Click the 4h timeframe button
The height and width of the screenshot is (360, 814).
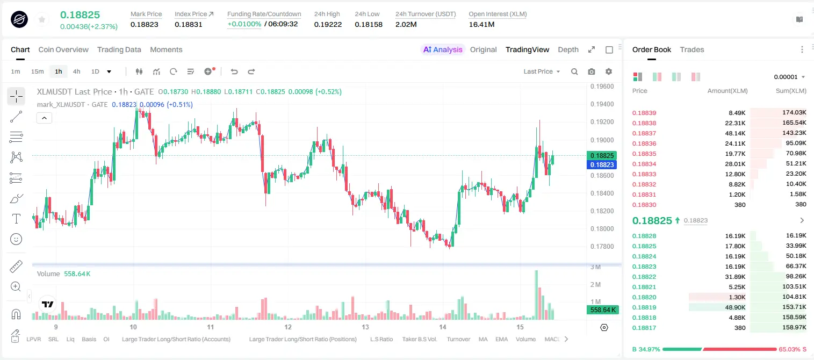76,71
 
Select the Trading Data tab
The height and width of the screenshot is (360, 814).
119,49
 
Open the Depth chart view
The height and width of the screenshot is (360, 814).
568,49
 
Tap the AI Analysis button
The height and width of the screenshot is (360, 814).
443,49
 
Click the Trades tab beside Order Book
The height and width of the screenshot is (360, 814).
692,49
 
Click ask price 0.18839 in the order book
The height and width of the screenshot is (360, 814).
644,113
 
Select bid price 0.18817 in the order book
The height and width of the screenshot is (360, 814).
644,328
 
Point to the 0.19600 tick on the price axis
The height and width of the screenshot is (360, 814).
602,87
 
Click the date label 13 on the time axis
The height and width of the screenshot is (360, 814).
365,327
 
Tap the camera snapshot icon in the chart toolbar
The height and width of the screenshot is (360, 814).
592,71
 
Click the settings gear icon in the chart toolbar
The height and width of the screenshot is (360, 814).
609,71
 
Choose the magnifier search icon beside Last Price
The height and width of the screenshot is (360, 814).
574,71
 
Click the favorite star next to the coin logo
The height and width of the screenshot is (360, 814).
42,19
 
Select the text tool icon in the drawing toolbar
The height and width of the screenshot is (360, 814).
16,219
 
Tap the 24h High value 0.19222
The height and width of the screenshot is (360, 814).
328,24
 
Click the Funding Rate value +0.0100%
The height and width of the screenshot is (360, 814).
244,24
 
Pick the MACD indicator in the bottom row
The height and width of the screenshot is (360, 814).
552,339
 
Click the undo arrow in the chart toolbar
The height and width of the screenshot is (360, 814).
234,71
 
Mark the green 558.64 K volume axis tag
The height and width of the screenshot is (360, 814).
602,310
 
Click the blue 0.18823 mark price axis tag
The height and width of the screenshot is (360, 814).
601,164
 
